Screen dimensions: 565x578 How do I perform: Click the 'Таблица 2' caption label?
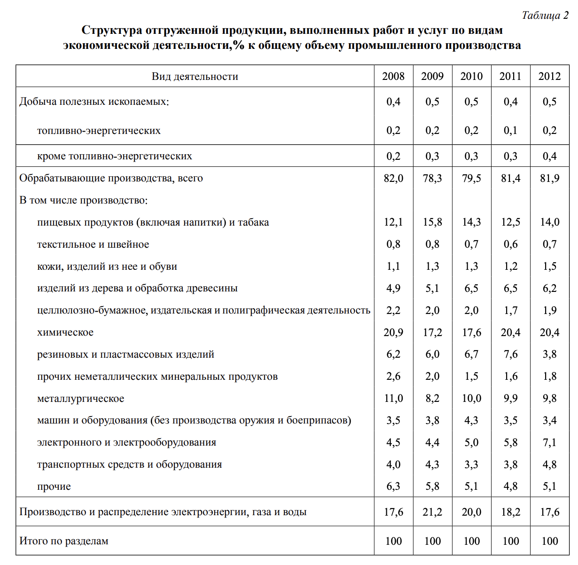(545, 16)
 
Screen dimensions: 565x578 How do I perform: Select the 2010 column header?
(471, 77)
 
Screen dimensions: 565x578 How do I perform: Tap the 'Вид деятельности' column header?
(195, 77)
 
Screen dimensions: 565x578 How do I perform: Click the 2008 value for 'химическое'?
(393, 333)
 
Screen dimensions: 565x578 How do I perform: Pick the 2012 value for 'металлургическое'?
(549, 399)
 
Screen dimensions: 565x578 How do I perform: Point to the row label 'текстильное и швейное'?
(93, 244)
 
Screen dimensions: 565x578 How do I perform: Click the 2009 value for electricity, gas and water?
(432, 512)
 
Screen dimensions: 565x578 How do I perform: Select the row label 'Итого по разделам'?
(64, 541)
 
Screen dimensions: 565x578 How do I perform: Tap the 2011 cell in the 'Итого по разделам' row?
(510, 541)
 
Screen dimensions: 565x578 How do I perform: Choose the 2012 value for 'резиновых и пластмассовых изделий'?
(549, 354)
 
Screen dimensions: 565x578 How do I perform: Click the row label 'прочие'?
(54, 487)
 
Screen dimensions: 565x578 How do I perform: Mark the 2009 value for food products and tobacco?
(432, 222)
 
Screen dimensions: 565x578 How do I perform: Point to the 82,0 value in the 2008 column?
(393, 179)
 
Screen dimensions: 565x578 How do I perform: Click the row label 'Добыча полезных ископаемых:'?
(94, 102)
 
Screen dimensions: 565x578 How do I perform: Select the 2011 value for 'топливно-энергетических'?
(510, 131)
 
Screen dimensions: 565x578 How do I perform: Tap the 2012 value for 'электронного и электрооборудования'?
(549, 442)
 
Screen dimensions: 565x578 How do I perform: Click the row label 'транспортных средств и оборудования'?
(129, 464)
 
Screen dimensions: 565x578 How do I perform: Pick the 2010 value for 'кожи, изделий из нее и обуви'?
(471, 267)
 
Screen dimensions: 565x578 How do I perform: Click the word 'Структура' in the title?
(111, 31)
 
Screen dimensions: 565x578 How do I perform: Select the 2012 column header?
(549, 77)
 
